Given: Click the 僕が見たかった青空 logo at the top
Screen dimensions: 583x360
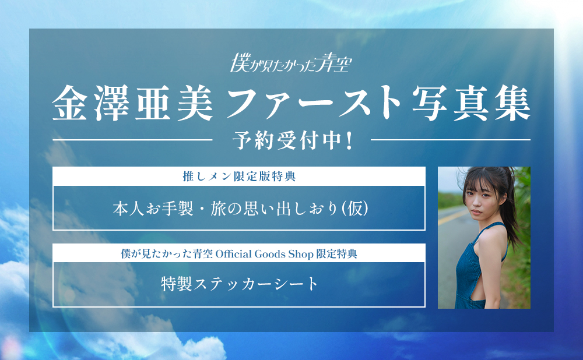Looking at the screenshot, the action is tap(291, 62).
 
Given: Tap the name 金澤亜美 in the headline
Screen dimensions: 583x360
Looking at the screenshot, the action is tap(133, 103).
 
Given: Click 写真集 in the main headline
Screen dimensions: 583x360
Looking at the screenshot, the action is tap(471, 103).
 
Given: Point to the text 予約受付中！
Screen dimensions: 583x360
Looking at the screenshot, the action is tap(293, 141).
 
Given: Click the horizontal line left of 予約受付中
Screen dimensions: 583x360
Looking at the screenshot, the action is tap(132, 140).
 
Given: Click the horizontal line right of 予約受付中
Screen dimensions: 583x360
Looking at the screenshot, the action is tap(451, 140).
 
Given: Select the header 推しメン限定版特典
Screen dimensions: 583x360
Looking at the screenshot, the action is tap(239, 176).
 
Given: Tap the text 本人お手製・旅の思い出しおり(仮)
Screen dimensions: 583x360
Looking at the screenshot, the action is tap(241, 209).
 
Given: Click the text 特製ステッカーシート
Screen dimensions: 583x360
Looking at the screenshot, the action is tap(240, 284).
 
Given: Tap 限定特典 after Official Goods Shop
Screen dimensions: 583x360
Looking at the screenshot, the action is tap(336, 254).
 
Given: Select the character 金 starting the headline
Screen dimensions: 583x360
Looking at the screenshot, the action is tap(70, 103).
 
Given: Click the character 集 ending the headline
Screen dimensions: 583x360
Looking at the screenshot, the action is tap(512, 103).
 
